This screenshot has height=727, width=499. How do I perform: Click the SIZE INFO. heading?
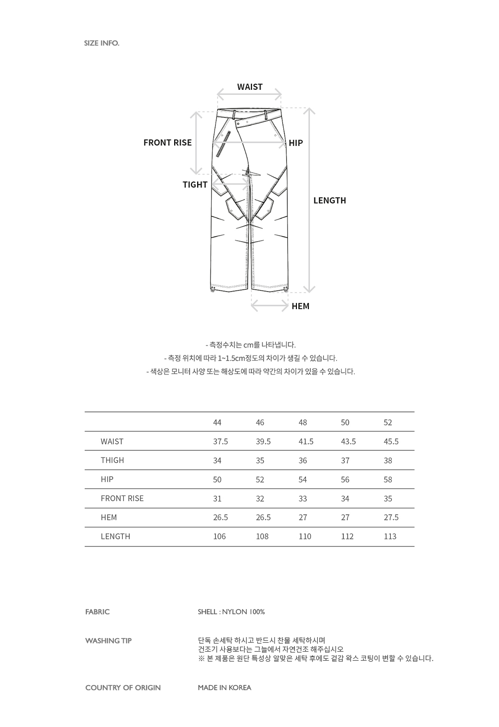tap(102, 43)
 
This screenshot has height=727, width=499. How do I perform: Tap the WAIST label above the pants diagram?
tap(249, 87)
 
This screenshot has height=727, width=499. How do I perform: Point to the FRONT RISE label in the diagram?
tap(167, 143)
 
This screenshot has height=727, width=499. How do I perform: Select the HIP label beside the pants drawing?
tap(296, 143)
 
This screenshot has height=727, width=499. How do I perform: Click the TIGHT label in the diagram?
tap(195, 185)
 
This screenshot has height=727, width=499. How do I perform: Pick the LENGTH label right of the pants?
tap(329, 201)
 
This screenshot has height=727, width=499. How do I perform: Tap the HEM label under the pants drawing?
tap(300, 306)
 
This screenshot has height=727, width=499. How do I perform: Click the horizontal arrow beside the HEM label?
tap(270, 306)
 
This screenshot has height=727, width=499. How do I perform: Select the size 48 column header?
tap(303, 422)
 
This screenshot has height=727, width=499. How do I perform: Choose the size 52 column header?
tap(388, 422)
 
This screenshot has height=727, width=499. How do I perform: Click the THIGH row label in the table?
tap(112, 460)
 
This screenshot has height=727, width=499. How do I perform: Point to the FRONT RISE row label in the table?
tap(122, 498)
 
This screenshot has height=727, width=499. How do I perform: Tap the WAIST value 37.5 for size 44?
tap(221, 441)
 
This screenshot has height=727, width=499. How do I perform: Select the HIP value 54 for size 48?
tap(303, 479)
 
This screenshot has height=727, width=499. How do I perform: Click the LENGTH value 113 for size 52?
tap(390, 536)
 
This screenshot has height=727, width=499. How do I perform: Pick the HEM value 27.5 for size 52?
tap(391, 517)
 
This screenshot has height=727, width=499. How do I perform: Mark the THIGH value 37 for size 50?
tap(345, 460)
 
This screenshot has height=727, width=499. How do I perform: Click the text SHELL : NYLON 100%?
tap(231, 612)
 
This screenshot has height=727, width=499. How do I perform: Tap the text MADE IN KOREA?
tap(224, 688)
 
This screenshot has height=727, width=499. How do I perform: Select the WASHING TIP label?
tap(108, 641)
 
